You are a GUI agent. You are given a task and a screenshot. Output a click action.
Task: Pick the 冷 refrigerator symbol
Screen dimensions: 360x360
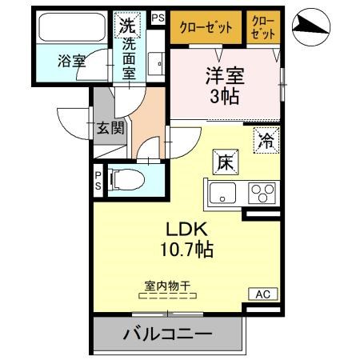(x=264, y=140)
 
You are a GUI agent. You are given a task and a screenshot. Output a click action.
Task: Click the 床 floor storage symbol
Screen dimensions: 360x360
(x=222, y=161)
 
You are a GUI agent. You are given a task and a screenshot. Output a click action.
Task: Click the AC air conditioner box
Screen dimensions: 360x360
(x=263, y=294)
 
